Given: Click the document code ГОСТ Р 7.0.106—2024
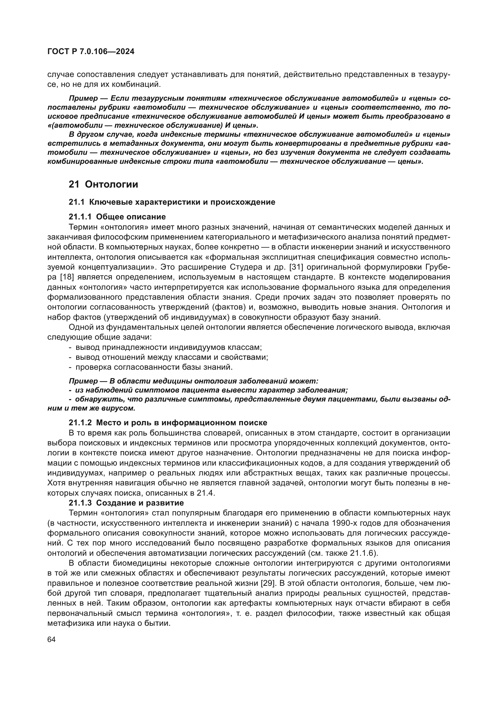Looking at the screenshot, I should coord(91,51).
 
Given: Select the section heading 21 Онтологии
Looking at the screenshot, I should coord(103,184).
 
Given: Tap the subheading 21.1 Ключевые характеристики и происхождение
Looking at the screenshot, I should coord(172,202).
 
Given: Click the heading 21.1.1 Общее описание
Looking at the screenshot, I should coord(117,217).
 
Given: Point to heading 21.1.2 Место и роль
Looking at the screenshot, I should coord(168,423).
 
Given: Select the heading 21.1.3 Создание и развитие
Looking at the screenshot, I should coord(126,503).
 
